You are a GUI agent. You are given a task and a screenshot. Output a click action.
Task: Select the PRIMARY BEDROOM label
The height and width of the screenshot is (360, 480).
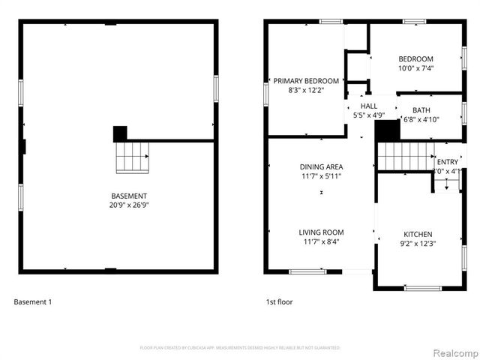coord(306,81)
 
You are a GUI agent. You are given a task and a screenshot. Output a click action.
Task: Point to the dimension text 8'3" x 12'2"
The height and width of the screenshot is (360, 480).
coord(306,90)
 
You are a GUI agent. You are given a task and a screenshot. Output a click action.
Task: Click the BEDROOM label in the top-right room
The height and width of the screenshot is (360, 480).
coord(415,59)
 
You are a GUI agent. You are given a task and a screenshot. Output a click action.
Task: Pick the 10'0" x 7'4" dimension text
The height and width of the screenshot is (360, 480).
coord(415,68)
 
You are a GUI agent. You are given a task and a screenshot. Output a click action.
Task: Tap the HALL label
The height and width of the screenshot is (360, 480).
coord(369,106)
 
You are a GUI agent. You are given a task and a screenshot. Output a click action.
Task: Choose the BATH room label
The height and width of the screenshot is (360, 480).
coord(421,110)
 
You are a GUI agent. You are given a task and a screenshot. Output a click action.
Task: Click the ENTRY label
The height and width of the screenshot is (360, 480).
coord(447,161)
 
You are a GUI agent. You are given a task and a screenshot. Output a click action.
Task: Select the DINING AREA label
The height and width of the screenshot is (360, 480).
coord(321,167)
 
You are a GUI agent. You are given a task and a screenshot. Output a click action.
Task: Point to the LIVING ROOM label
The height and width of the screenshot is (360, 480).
coord(321,232)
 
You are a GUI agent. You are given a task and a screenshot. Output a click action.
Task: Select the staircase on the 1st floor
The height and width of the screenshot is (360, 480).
coord(404,156)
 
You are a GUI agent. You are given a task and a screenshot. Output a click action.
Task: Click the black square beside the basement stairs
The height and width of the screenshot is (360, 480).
coord(120,133)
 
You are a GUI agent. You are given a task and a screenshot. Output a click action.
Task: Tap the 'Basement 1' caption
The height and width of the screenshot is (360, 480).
coord(33,302)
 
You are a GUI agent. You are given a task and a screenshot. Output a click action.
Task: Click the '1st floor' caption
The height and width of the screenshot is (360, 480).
coord(279,302)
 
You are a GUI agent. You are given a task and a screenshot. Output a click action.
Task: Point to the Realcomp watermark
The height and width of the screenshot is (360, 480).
coord(453,352)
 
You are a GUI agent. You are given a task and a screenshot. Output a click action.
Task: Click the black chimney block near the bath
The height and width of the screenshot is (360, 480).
coord(386,130)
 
